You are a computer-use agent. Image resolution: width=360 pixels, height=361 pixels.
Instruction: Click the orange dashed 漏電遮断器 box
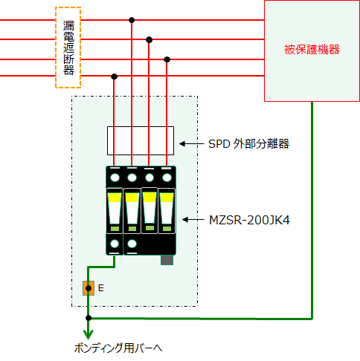56,48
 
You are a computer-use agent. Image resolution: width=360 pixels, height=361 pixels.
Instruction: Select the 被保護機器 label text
312,50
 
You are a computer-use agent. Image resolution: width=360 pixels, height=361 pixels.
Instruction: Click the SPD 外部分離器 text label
248,143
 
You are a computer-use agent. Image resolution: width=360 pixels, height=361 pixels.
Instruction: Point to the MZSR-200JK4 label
249,220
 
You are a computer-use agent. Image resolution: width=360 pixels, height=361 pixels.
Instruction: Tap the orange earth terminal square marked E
89,288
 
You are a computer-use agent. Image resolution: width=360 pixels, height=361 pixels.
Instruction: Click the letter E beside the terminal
100,288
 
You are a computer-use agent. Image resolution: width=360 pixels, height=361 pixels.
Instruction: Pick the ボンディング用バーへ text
118,348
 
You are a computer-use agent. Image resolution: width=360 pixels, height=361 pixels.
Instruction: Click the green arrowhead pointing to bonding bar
89,334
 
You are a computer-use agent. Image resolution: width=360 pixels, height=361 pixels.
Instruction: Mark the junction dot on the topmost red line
132,20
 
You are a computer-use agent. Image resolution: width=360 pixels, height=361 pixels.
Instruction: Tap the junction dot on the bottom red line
114,77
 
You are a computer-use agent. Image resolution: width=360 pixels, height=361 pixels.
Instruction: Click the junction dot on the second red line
149,39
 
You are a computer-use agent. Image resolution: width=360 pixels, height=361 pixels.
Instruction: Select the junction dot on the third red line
167,59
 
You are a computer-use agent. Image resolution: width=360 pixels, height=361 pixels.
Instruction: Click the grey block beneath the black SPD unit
167,260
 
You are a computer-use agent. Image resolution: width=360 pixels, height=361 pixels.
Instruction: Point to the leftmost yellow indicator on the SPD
115,198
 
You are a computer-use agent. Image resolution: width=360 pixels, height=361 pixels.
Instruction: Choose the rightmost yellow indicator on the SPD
167,198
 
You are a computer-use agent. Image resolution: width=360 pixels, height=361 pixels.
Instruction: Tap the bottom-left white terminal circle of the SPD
115,244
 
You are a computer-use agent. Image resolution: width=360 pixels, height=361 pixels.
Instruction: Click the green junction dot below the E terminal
89,318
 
